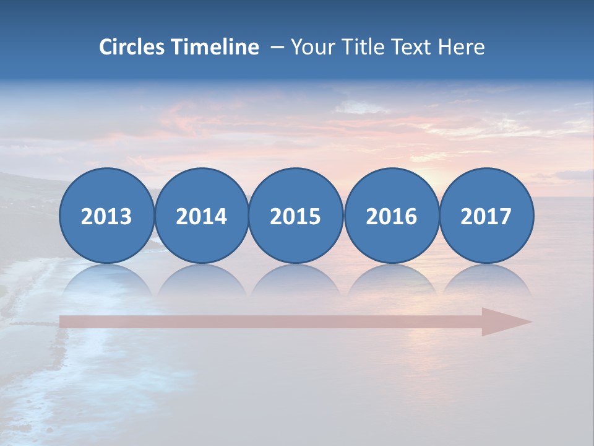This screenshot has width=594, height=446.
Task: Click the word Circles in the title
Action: click(132, 47)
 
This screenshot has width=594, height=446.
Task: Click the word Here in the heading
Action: click(462, 47)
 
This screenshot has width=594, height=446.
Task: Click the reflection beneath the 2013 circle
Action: click(106, 279)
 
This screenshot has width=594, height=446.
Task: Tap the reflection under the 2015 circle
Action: click(296, 279)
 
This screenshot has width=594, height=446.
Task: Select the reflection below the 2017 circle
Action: click(486, 279)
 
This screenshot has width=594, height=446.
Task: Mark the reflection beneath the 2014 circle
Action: click(202, 279)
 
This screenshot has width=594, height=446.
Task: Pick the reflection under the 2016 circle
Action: click(392, 279)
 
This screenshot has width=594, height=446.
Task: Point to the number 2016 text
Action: click(392, 217)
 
